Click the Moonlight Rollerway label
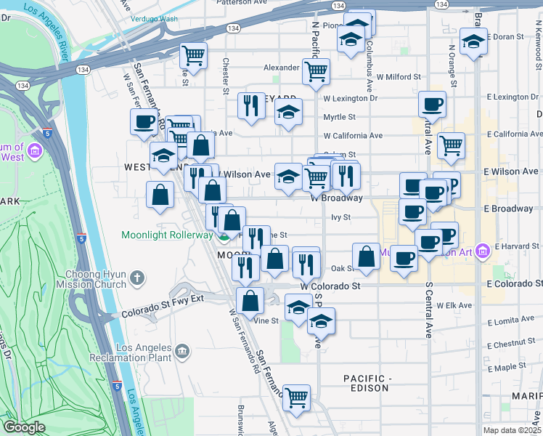[168, 235]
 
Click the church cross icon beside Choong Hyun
[138, 278]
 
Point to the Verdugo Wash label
[154, 19]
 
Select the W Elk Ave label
[454, 305]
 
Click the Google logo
[24, 427]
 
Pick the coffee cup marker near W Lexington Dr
[432, 105]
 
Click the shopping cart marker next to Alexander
[316, 72]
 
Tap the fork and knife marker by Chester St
[251, 106]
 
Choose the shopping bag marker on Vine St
[250, 301]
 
